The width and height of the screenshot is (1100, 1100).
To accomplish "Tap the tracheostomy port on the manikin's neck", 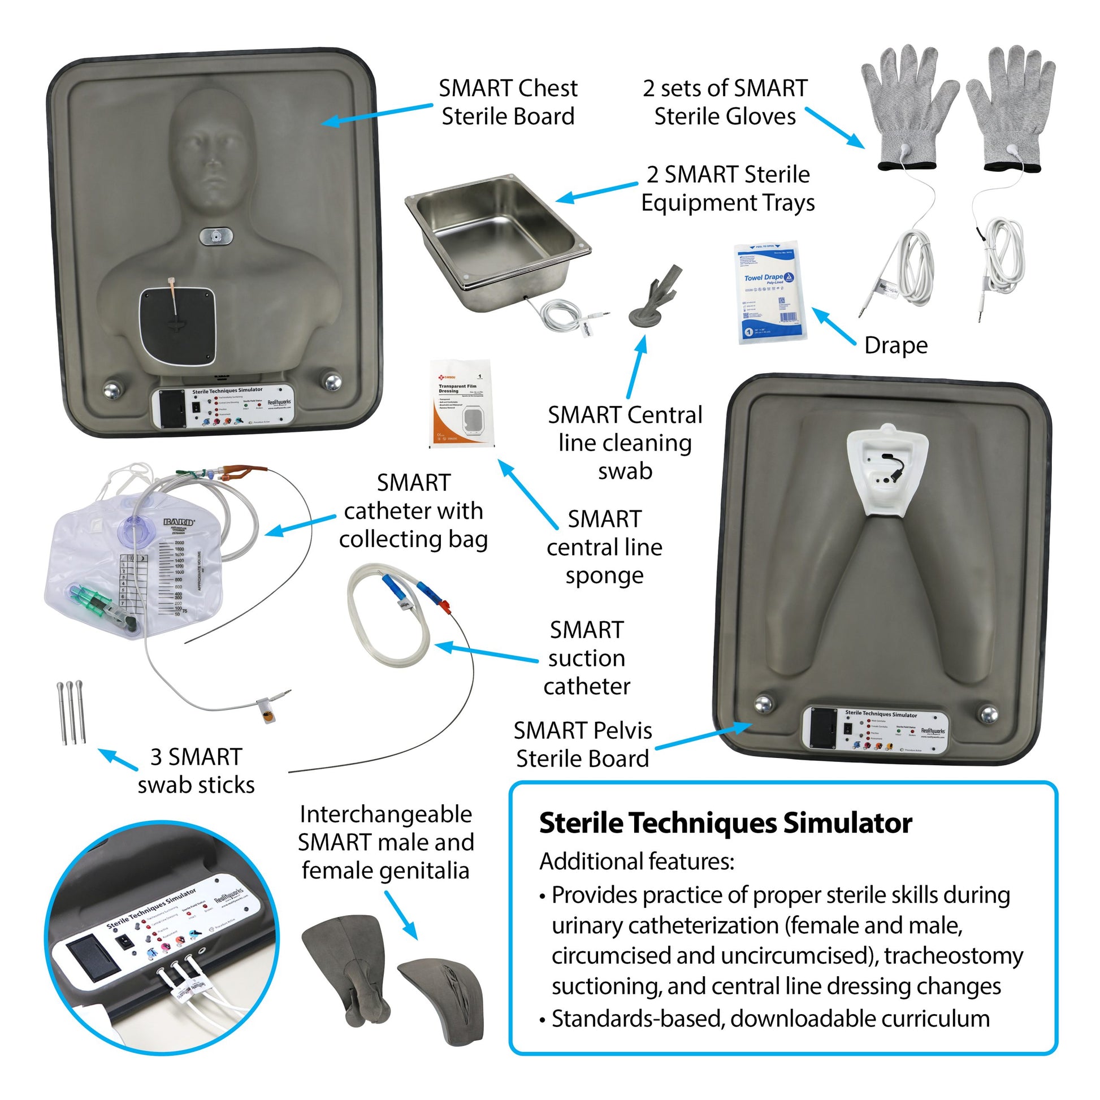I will (x=216, y=236).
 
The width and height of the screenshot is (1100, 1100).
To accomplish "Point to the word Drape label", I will (x=895, y=345).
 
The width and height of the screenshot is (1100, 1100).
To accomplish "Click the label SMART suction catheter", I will (x=586, y=658).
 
